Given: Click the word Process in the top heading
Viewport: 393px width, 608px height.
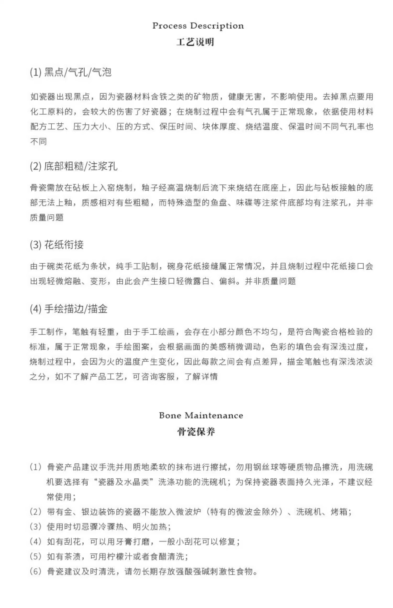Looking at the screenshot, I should coord(170,26).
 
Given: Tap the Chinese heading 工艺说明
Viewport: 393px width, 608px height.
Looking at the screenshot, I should coord(195,42).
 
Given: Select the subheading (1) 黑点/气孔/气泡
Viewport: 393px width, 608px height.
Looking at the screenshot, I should coord(71,72).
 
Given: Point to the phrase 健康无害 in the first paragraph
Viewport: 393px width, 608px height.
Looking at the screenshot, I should coord(245,97).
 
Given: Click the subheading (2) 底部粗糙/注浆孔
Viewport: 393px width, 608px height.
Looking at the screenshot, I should coord(74,166).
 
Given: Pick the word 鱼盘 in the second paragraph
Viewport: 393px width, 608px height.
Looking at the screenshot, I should coord(219,203).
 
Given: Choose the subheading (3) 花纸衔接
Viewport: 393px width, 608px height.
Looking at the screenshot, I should coord(57,245).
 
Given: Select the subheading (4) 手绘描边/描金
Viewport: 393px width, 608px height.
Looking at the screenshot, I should coord(69,309).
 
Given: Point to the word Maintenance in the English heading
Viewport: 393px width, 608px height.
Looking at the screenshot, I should coord(214,416).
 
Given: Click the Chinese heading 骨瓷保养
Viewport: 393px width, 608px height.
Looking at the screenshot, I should coord(196,432).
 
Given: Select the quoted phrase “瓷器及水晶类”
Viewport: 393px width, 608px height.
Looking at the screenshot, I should coord(124,482).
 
